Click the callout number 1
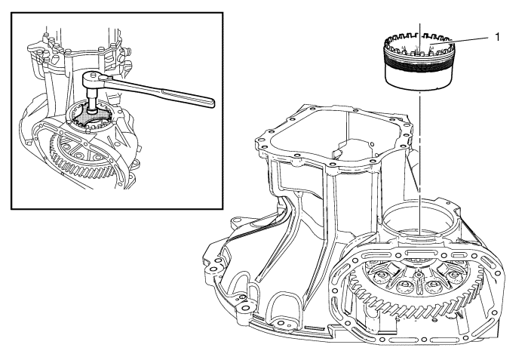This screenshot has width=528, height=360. [497, 37]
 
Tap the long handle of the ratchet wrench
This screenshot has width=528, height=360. [161, 91]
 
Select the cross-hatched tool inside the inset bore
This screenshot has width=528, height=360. [91, 117]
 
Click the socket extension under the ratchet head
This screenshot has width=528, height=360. [91, 98]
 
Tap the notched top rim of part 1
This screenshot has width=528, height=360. [419, 43]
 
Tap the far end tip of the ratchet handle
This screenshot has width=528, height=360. [213, 104]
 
